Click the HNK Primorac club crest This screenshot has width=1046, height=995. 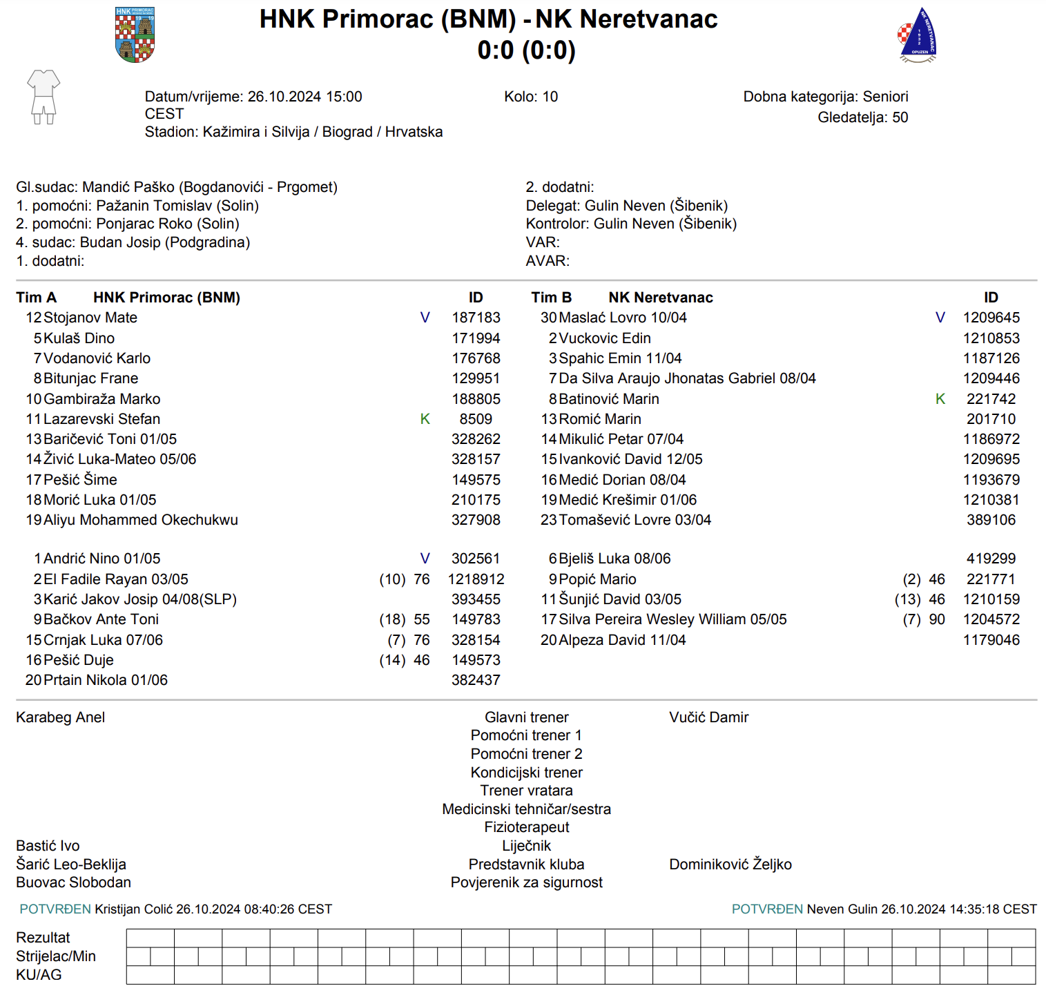pos(135,35)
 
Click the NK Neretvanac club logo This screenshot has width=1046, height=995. pos(918,36)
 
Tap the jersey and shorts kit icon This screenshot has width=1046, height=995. pos(43,97)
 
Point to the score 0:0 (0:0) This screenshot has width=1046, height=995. pos(526,50)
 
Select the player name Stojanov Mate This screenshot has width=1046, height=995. pos(90,318)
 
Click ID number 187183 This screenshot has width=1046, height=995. pos(476,318)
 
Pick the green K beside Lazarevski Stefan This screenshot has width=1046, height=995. pos(425,419)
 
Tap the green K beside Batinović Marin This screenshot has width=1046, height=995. pos(940,399)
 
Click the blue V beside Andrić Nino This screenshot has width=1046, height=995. pos(425,559)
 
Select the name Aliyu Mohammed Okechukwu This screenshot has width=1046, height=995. pos(141,520)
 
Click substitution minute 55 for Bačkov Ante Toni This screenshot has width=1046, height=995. pos(422,619)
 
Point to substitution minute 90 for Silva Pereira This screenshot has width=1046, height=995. pos(937,619)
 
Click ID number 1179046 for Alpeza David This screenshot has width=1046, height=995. pos(991,640)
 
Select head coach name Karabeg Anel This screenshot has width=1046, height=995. pos(61,717)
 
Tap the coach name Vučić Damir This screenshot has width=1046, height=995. pos(708,717)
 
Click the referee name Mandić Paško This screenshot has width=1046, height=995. pos(128,187)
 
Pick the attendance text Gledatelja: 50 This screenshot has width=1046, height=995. pos(862,117)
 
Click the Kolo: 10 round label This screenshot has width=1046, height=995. pos(531,97)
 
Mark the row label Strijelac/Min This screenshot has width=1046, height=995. pos(56,956)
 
